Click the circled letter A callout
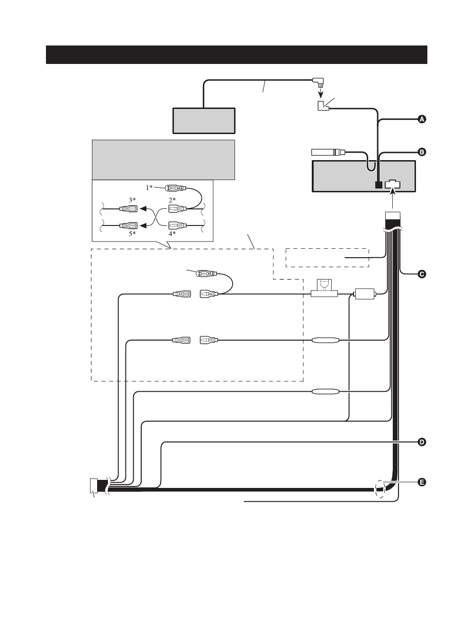[x=422, y=119]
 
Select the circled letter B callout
[x=422, y=152]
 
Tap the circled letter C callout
[x=422, y=274]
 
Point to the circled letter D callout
[x=422, y=442]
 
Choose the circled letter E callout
[x=422, y=483]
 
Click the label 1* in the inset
[x=149, y=188]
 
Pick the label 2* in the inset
[x=172, y=199]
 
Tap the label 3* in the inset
[x=132, y=200]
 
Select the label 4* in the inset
[x=172, y=234]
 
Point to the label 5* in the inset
[x=132, y=234]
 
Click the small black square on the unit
[x=378, y=185]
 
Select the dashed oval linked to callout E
[x=380, y=489]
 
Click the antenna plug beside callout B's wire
[x=328, y=152]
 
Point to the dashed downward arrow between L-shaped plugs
[x=321, y=92]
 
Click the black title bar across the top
[x=236, y=54]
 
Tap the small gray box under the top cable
[x=204, y=121]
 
